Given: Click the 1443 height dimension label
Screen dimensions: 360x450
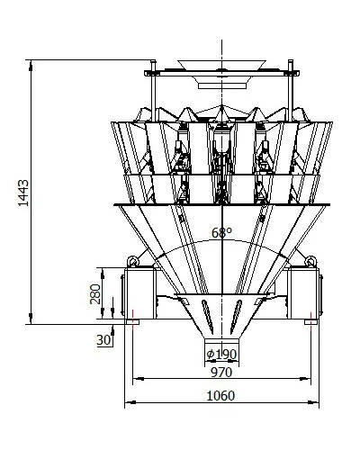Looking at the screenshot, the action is pyautogui.click(x=23, y=193).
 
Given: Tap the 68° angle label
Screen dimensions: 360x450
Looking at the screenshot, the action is pyautogui.click(x=221, y=233).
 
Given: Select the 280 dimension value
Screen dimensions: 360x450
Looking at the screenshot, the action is pyautogui.click(x=95, y=294).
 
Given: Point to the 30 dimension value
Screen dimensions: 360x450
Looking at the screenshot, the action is pyautogui.click(x=103, y=340).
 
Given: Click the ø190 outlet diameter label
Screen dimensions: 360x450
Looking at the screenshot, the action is pyautogui.click(x=221, y=355).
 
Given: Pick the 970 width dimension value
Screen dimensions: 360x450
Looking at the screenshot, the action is pyautogui.click(x=221, y=373).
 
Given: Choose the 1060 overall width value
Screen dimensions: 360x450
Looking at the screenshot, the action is pyautogui.click(x=220, y=396).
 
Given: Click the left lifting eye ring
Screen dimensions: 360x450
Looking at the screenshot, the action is pyautogui.click(x=133, y=261).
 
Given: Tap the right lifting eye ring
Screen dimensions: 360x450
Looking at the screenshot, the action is pyautogui.click(x=310, y=261).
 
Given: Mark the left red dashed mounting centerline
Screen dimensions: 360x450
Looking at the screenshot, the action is pyautogui.click(x=132, y=319).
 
